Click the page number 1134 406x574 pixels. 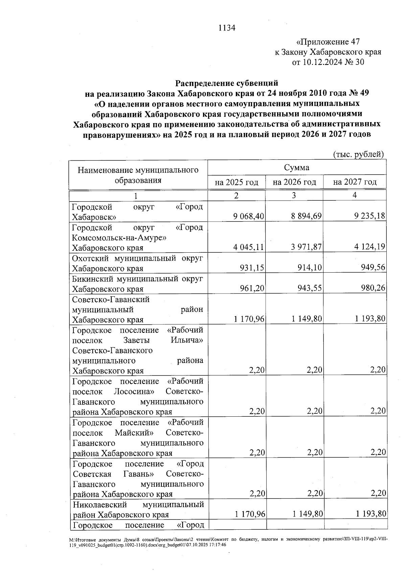click(227, 28)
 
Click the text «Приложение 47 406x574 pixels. click(328, 42)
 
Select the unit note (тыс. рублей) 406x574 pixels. click(359, 154)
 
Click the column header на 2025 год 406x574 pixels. click(236, 182)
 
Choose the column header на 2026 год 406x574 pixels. click(294, 182)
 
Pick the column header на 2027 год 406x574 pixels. click(355, 182)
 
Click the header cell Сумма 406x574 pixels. click(296, 168)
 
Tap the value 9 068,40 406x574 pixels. click(249, 216)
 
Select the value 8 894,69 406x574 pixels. click(306, 216)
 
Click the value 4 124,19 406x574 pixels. click(370, 247)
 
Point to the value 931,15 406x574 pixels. click(252, 268)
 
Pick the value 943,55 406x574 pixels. click(310, 288)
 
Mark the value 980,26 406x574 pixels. click(373, 288)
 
